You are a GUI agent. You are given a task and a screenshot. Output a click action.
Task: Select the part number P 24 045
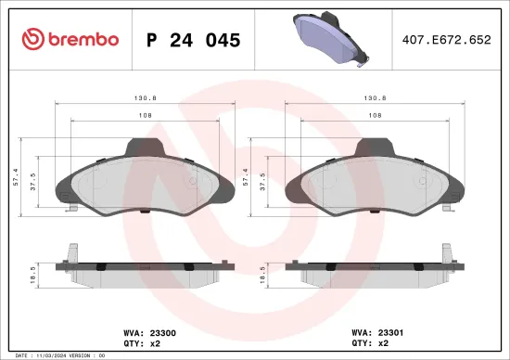(x=194, y=40)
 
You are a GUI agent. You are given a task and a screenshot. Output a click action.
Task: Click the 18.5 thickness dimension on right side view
(x=264, y=273)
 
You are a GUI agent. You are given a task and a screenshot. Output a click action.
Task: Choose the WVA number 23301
(x=379, y=328)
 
